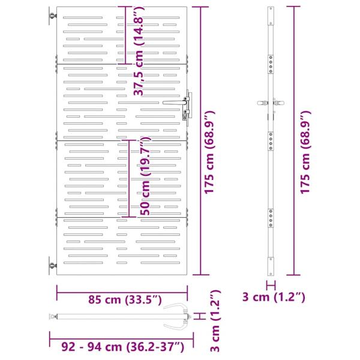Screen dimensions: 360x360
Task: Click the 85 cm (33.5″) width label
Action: coord(125,300)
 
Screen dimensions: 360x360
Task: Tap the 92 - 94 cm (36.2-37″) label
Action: coord(123,347)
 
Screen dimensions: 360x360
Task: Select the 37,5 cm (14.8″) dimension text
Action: coord(139,51)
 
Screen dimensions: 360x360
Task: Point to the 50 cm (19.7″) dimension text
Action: coord(145,176)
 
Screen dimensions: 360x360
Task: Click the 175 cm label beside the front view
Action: coord(209,152)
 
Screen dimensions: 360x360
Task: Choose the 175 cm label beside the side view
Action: coord(305,152)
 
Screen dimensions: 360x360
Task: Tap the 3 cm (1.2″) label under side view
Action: coord(274,297)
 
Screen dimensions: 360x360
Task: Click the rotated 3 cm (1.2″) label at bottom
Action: coord(215,321)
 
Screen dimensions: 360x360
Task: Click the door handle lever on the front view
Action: coord(175,103)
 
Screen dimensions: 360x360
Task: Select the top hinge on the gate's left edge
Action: coord(53,16)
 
